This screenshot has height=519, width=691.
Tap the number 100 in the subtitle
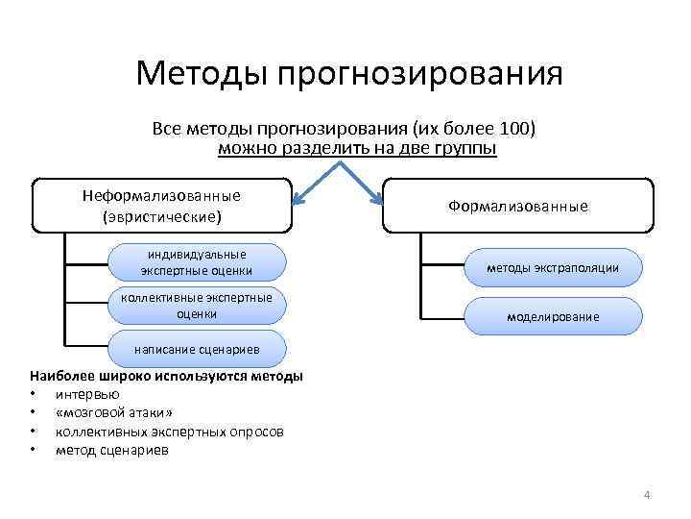coord(520,128)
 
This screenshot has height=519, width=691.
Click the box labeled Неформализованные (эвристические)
coord(161,206)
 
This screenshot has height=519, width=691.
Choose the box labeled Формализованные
coord(517,206)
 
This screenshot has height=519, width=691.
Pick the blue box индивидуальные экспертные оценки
coord(197,262)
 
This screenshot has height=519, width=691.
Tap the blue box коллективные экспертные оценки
coord(197,306)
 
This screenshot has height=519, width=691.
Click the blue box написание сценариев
coord(197,348)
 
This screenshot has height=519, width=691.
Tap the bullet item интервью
coord(87,394)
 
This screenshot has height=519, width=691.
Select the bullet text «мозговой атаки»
coord(114,412)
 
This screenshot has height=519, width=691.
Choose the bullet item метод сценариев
coord(111,449)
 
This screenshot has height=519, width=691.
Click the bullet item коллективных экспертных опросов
coord(169,431)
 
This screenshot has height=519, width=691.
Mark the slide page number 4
coord(647,495)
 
